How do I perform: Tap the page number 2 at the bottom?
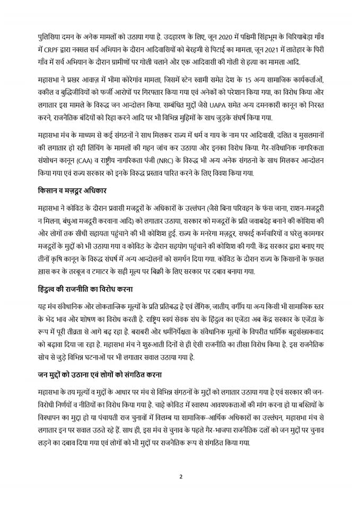coord(180,475)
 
